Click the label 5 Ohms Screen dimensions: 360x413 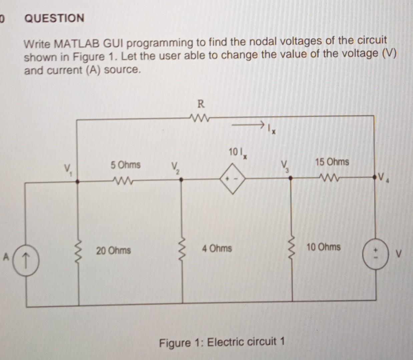tap(125, 165)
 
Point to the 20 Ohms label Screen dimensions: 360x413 tap(113, 250)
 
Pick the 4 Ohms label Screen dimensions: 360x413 tap(217, 248)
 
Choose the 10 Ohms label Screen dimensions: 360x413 tap(323, 247)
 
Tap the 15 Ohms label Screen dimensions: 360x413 tap(332, 162)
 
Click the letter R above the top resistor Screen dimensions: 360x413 tap(200, 104)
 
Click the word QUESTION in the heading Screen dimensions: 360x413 tap(54, 18)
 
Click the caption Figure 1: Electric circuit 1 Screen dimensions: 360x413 tap(222, 342)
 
